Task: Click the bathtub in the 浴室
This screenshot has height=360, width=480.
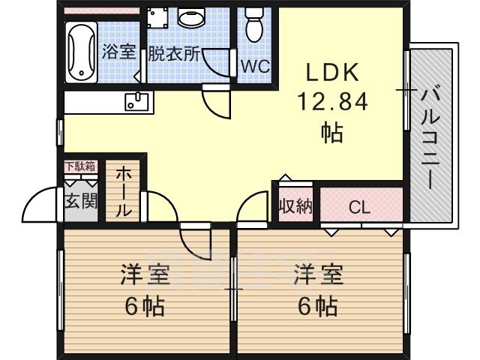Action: coord(81,52)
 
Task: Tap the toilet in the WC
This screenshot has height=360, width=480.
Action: coord(254,24)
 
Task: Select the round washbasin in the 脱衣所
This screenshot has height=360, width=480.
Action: coord(190,18)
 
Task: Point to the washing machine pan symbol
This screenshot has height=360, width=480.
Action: coord(157,18)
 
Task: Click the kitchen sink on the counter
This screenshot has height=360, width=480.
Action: coord(136,102)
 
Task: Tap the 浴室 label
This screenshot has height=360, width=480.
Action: coord(118,52)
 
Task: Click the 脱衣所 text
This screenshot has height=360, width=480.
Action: coord(174,55)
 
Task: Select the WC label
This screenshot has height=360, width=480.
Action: coord(255,66)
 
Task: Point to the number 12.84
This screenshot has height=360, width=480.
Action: coord(332,102)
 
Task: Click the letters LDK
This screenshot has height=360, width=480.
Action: coord(332,72)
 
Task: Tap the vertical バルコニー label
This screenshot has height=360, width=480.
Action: coord(430,139)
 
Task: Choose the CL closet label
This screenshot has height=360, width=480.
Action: coord(359,208)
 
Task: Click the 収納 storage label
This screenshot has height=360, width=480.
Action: coord(295,206)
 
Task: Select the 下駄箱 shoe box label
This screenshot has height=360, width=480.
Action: coord(81,166)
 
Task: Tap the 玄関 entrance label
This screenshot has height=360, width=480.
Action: coord(81,202)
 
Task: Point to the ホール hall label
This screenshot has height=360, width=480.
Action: coord(123,191)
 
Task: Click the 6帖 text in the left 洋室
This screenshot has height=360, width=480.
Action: coord(145,305)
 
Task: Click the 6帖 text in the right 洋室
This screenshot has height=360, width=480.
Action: coord(318,305)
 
